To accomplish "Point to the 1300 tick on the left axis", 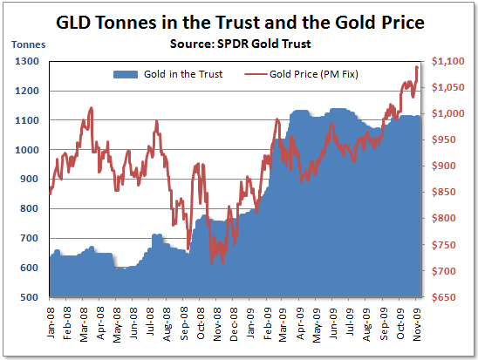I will pyautogui.click(x=26, y=61).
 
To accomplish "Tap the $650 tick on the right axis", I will pyautogui.click(x=445, y=297).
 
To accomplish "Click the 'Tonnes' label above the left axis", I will pyautogui.click(x=26, y=44).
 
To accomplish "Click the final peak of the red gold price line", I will pyautogui.click(x=416, y=66).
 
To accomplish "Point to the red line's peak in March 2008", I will pyautogui.click(x=91, y=108).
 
